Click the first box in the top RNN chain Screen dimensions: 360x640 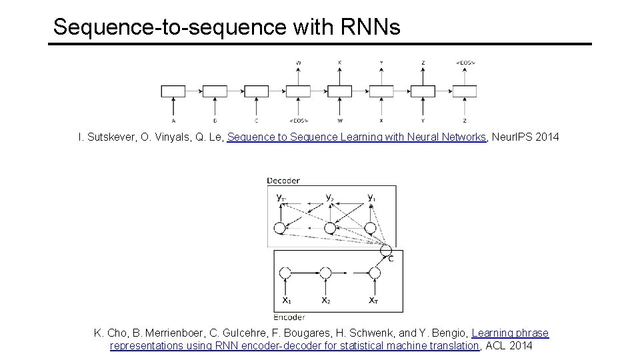173,91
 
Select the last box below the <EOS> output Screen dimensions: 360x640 465,91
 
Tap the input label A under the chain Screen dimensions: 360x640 173,121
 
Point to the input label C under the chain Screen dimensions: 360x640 257,121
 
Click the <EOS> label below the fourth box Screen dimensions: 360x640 299,121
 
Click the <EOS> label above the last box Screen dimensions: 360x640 465,63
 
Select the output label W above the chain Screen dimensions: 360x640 298,63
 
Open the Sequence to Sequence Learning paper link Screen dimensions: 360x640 358,137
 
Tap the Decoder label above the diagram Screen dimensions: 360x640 283,181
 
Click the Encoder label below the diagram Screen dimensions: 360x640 290,317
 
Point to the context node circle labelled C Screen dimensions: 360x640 385,250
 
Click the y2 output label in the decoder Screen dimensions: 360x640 329,197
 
